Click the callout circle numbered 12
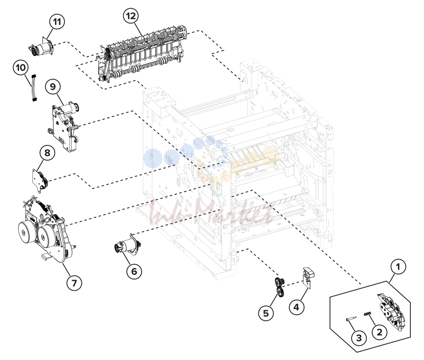click(x=131, y=16)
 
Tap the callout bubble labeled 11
click(x=57, y=21)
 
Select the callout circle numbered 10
click(x=21, y=68)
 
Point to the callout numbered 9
click(x=53, y=86)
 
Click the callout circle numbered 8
click(x=47, y=153)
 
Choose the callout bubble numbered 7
click(x=74, y=283)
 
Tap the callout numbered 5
click(x=266, y=313)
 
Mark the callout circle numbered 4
click(x=296, y=307)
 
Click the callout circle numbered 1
click(x=398, y=267)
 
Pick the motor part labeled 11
click(x=42, y=47)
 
